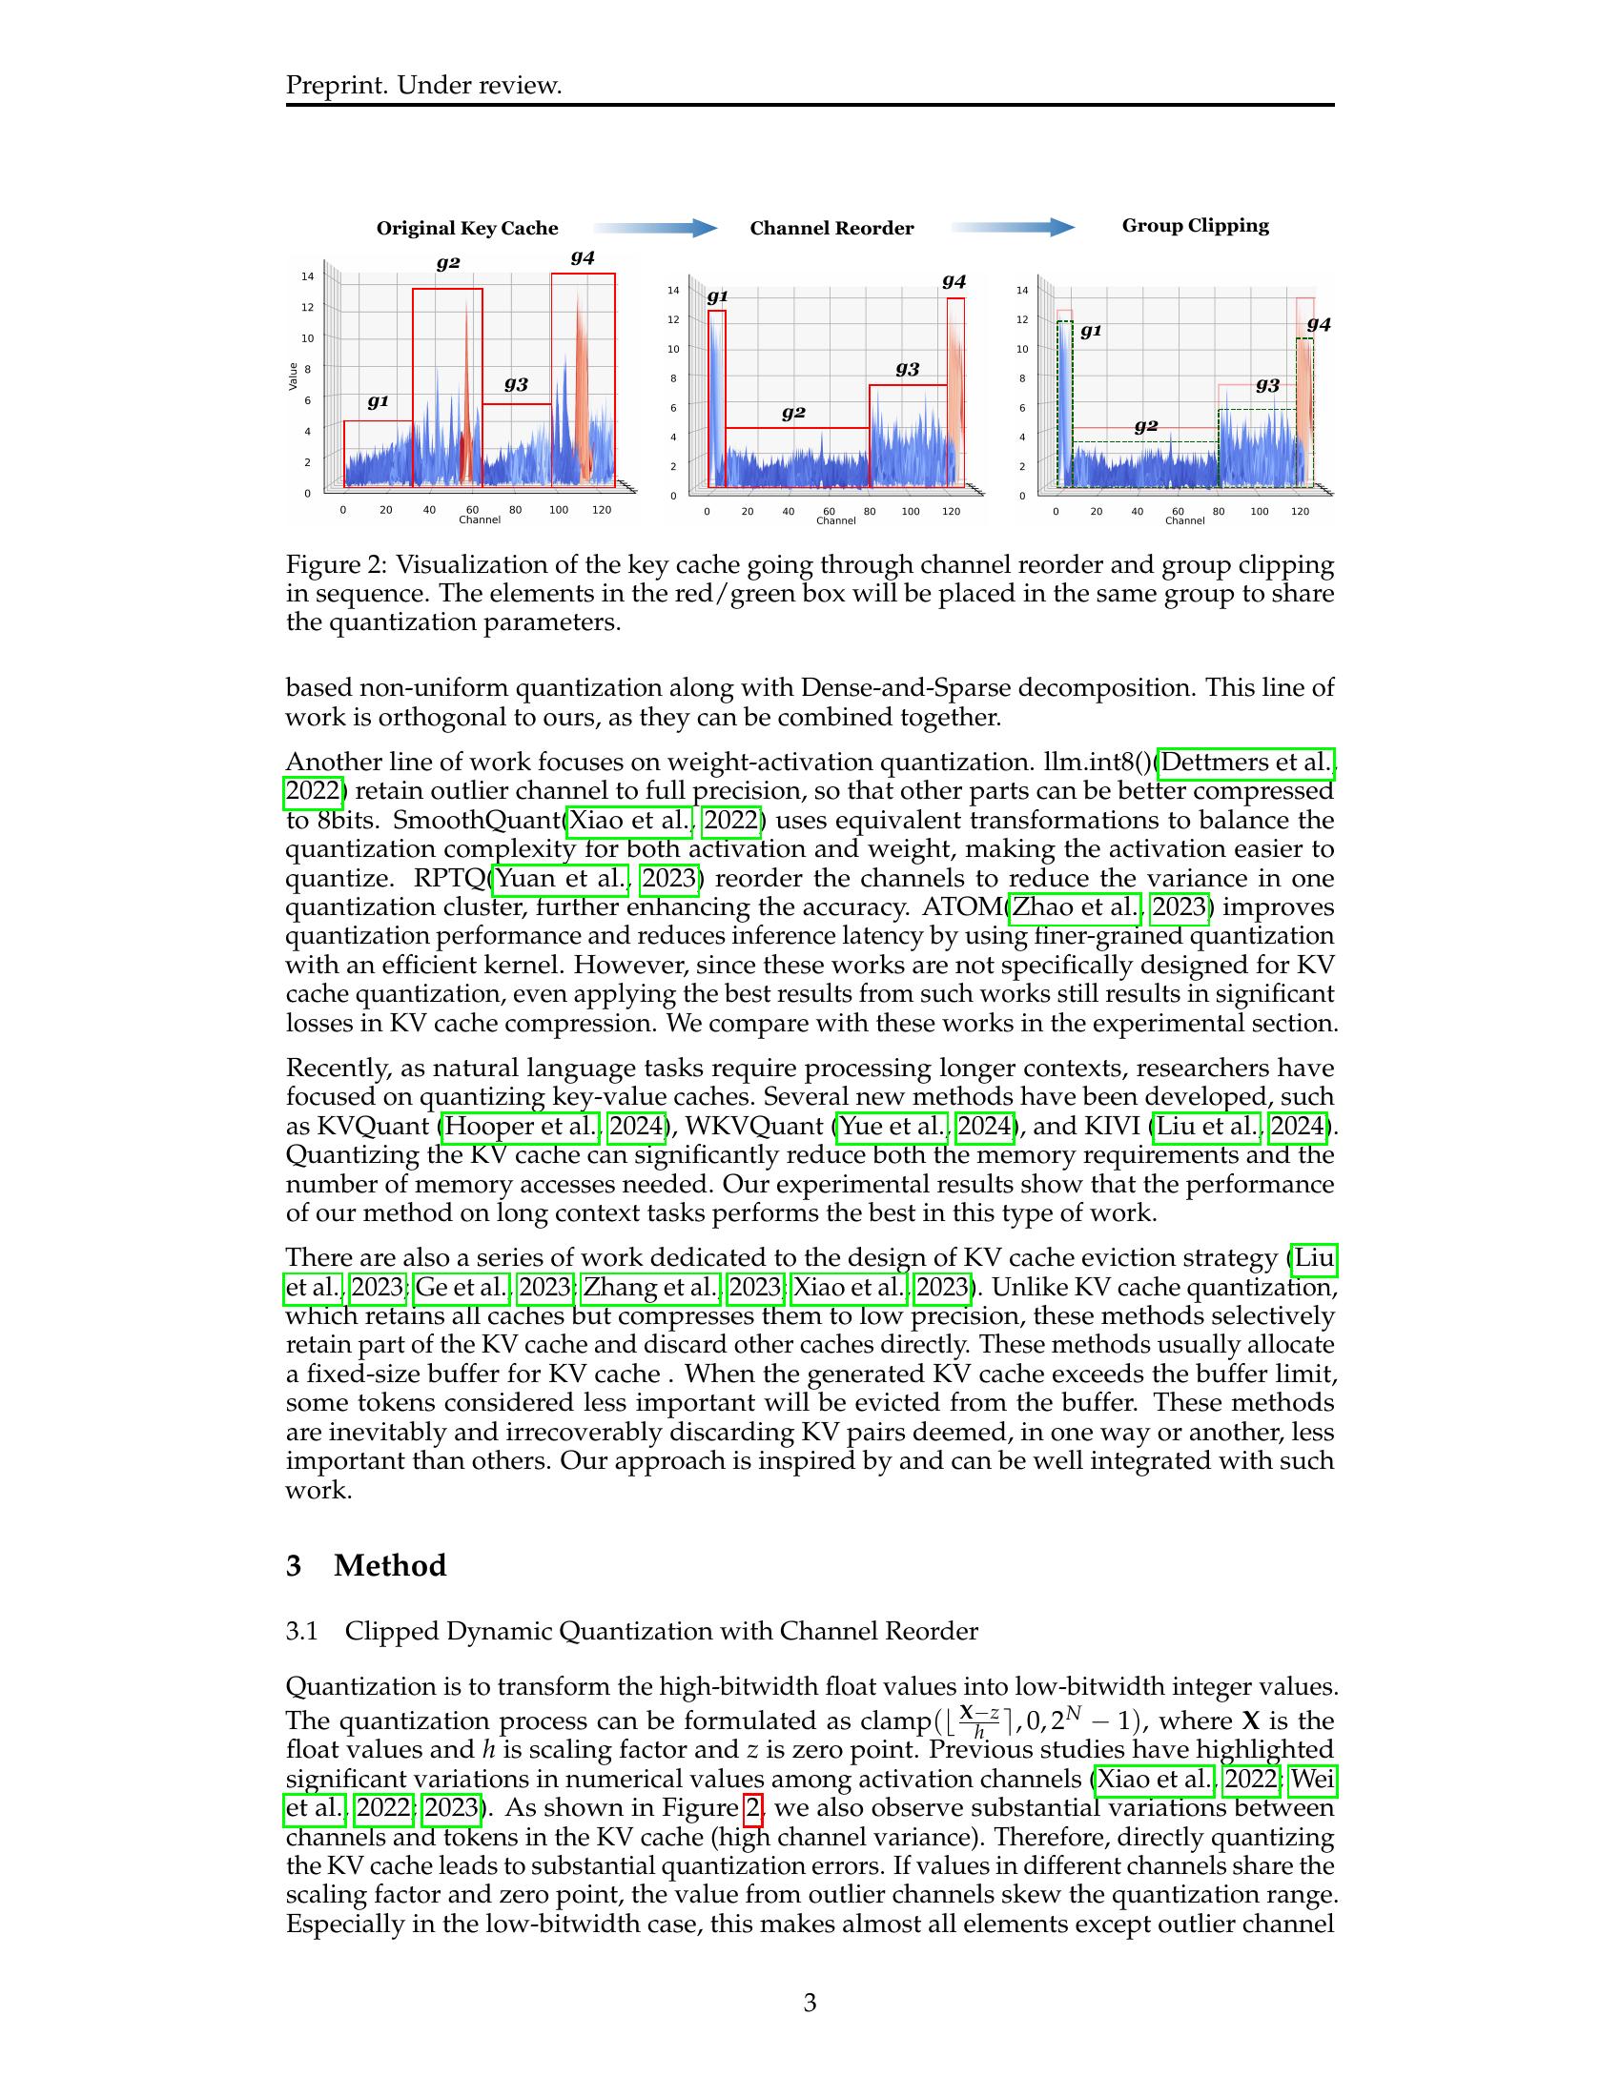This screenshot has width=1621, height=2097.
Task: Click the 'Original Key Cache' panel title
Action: [466, 229]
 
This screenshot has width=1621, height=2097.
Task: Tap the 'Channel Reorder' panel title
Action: [831, 229]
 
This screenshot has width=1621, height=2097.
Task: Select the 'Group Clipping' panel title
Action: [1195, 226]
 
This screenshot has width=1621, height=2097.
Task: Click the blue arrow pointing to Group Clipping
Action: [1013, 228]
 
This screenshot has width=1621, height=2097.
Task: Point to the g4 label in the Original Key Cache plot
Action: [583, 257]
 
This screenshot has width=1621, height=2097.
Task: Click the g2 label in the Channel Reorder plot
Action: [793, 413]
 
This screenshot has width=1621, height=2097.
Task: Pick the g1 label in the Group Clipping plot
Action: [1091, 332]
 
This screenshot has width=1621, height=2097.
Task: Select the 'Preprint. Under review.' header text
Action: [423, 86]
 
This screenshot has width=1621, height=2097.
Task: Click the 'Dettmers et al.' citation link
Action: [1246, 763]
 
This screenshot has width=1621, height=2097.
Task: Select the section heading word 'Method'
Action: [390, 1566]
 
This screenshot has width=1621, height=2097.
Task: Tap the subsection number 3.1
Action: [301, 1631]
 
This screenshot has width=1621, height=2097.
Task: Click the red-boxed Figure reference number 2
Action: [753, 1809]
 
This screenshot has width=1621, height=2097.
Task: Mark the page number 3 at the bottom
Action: [810, 2003]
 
